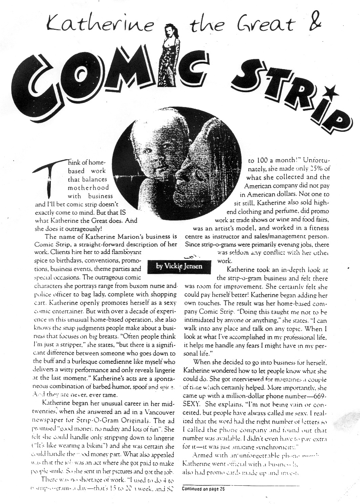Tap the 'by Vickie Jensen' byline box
[179, 266]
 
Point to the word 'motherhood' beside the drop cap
[88, 187]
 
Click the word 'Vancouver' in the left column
[159, 413]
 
